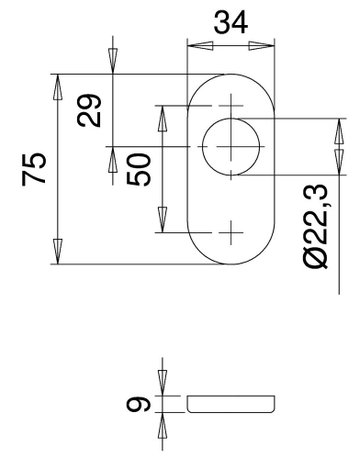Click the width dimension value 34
click(231, 23)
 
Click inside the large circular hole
click(231, 149)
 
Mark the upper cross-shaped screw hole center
click(231, 104)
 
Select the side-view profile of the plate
click(231, 404)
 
